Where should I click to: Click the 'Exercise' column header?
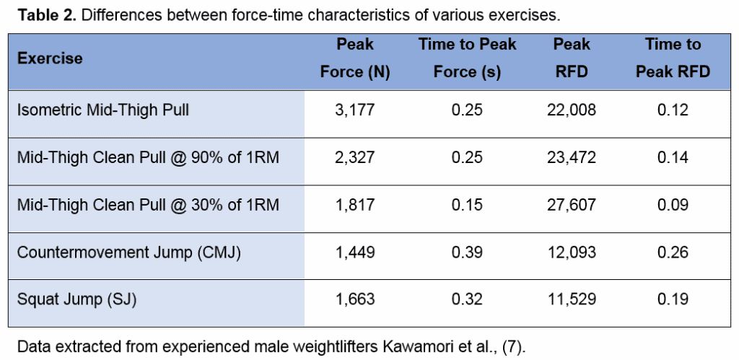pyautogui.click(x=50, y=58)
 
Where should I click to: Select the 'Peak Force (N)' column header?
pyautogui.click(x=355, y=58)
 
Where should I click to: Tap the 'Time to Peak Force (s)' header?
pyautogui.click(x=467, y=58)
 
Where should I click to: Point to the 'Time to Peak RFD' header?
pyautogui.click(x=673, y=58)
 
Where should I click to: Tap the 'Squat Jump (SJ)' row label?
pyautogui.click(x=76, y=300)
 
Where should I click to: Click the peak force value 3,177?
pyautogui.click(x=355, y=110)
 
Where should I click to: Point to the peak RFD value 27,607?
pyautogui.click(x=572, y=206)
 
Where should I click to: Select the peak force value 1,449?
pyautogui.click(x=355, y=253)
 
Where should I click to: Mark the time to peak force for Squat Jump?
pyautogui.click(x=467, y=300)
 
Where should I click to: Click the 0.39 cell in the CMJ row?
pyautogui.click(x=467, y=253)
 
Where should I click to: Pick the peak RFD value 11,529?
pyautogui.click(x=572, y=300)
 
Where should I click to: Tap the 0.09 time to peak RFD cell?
pyautogui.click(x=673, y=206)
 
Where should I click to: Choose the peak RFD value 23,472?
pyautogui.click(x=572, y=158)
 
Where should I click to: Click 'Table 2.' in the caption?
pyautogui.click(x=43, y=14)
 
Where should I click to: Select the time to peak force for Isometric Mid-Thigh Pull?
pyautogui.click(x=467, y=110)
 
